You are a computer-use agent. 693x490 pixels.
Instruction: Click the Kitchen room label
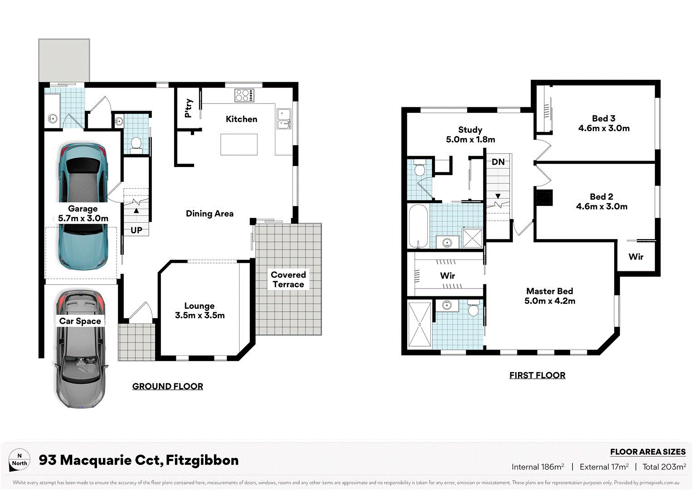click(241, 119)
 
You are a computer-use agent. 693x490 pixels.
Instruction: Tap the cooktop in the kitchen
click(244, 95)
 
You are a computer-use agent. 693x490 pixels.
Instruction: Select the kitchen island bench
click(239, 144)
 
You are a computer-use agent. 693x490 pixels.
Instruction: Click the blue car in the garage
click(83, 206)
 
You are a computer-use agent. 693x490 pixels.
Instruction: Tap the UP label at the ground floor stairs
click(137, 230)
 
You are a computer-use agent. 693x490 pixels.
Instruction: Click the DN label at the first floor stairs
click(498, 162)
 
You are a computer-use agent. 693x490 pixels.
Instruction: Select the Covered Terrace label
click(288, 279)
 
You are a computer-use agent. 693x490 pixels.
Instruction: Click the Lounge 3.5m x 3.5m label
click(200, 311)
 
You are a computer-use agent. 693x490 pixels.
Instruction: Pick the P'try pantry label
click(189, 108)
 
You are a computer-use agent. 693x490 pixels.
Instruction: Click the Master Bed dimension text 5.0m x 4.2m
click(550, 301)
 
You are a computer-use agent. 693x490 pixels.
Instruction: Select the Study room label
click(470, 130)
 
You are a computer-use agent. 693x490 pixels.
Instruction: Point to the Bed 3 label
click(603, 118)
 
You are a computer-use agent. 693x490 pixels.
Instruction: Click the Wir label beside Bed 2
click(636, 257)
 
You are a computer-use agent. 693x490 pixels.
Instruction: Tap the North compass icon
click(20, 460)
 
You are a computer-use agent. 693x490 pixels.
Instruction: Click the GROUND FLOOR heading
click(168, 387)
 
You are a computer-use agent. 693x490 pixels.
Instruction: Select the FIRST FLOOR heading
click(537, 375)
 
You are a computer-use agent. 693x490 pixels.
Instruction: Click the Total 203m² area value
click(664, 467)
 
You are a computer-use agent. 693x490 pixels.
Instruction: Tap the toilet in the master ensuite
click(473, 309)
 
